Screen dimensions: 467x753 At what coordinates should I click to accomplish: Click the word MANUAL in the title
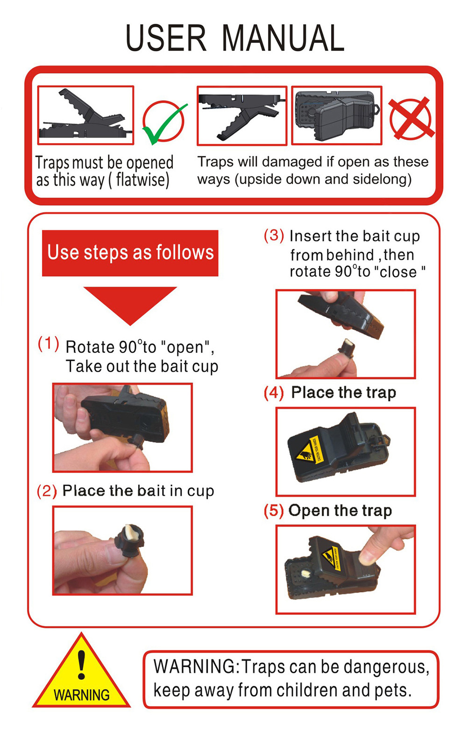(283, 38)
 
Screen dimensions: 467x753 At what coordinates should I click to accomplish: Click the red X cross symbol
(411, 118)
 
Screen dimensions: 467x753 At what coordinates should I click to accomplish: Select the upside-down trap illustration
(242, 116)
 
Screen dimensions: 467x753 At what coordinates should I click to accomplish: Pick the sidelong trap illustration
(337, 116)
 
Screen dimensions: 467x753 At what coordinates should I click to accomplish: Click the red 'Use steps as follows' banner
(130, 253)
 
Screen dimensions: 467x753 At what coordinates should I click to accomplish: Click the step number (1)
(48, 344)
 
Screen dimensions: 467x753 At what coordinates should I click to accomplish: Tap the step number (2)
(47, 491)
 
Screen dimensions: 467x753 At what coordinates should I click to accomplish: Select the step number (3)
(274, 235)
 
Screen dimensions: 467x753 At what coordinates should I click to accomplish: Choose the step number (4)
(274, 393)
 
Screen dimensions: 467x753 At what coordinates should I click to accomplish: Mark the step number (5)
(274, 511)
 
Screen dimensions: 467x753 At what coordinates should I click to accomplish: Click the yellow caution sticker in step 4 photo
(309, 450)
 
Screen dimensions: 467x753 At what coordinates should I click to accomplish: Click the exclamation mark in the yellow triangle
(81, 664)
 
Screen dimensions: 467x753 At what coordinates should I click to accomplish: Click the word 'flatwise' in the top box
(142, 180)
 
